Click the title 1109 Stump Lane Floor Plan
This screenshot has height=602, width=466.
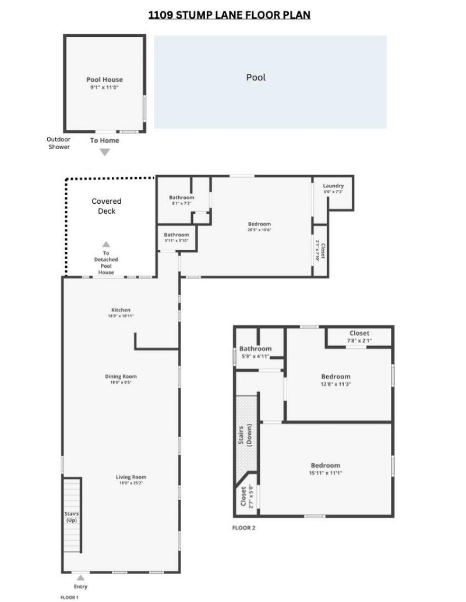tap(229, 15)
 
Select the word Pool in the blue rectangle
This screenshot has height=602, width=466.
tap(256, 77)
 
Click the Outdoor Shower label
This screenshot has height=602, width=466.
tap(58, 143)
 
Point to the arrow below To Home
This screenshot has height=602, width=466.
tap(104, 153)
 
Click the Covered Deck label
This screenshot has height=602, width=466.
tap(107, 206)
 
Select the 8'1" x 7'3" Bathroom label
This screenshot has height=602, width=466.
tap(181, 200)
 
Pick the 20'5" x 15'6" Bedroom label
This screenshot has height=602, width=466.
tap(259, 226)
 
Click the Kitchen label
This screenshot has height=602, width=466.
tap(121, 313)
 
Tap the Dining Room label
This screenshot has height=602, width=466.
tap(121, 379)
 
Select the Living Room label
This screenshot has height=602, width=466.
tap(121, 480)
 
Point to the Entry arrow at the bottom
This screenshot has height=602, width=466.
tap(80, 578)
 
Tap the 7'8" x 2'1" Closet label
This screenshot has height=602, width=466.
tap(359, 337)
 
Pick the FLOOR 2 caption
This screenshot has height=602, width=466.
tap(244, 528)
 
